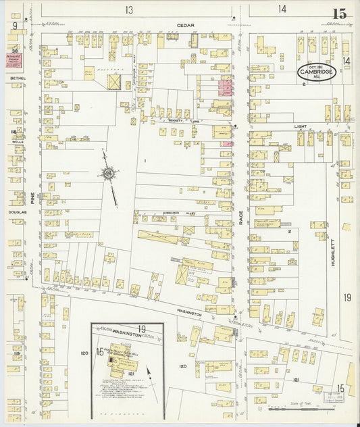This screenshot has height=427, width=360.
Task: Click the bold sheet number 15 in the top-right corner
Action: coord(340,13)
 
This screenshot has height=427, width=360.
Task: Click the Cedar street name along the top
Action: coord(186,26)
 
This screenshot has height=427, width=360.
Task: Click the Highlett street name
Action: coord(332,244)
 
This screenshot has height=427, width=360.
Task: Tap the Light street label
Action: coord(300,126)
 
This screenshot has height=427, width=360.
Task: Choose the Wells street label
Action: coord(17,143)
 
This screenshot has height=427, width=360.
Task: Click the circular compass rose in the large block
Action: coord(107,174)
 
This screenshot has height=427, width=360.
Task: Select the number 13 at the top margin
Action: coord(129,9)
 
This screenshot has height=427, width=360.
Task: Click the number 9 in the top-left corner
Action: coord(14,26)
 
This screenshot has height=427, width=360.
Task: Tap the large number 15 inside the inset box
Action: coord(100,351)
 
